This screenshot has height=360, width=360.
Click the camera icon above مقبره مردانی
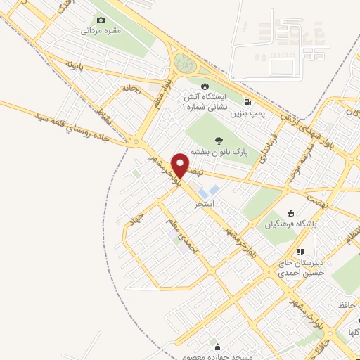101,20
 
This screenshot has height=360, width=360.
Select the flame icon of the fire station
205,86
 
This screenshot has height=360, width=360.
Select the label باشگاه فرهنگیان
290,225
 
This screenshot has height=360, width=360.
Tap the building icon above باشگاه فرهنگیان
290,214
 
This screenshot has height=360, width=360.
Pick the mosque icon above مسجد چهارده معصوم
217,347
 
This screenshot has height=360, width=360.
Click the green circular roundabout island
187,63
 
